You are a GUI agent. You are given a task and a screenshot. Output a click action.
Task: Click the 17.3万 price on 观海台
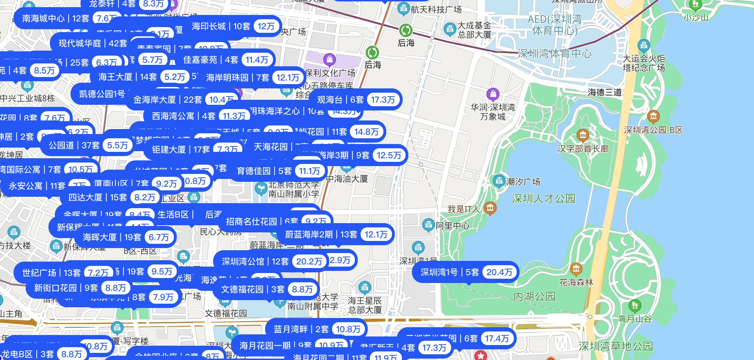coord(383,100)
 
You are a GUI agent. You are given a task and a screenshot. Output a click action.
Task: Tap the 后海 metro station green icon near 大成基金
coord(406,31)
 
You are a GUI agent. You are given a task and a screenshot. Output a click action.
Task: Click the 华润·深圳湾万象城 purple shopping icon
coord(493,94)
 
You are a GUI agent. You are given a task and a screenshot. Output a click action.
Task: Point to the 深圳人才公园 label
coord(543,199)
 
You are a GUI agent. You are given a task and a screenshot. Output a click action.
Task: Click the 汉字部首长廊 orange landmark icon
coord(583,135)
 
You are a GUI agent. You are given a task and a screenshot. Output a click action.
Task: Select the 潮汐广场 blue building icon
coord(499,181)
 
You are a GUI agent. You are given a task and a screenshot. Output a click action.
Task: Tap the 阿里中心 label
coord(453,226)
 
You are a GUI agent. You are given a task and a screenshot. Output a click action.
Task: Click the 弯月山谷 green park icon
coord(635,305)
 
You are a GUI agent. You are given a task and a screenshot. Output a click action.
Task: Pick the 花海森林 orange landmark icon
coord(576,269)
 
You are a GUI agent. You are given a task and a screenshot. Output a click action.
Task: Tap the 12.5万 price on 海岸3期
coord(389,155)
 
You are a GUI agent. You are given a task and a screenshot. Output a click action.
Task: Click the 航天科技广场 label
coord(436,10)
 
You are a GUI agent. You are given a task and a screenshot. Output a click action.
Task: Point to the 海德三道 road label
coord(605,93)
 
